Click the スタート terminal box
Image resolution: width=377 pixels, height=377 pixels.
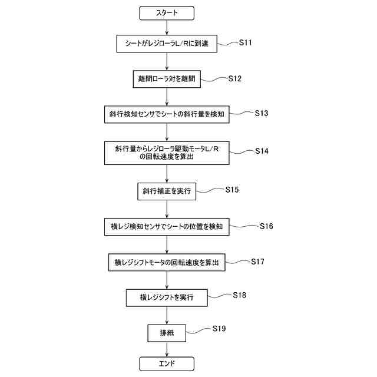[x=167, y=12]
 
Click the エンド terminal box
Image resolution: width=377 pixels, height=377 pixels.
[x=167, y=363]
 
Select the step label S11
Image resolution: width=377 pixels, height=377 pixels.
[x=246, y=43]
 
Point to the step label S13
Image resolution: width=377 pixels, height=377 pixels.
[x=262, y=113]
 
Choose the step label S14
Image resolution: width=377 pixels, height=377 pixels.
[x=262, y=151]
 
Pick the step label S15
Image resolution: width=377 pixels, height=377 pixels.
[x=232, y=190]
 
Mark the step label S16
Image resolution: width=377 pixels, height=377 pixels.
[x=266, y=226]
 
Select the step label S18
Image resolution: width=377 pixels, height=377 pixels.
[x=239, y=295]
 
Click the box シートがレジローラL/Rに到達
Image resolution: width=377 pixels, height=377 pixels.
[x=167, y=43]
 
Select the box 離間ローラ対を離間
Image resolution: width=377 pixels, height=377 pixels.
[x=167, y=78]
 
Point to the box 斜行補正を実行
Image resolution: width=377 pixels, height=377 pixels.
[x=167, y=191]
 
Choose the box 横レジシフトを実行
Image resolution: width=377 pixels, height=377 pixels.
[x=167, y=297]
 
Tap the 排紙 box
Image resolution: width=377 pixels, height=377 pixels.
[x=167, y=333]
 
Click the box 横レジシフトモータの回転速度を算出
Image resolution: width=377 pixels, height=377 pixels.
[x=167, y=263]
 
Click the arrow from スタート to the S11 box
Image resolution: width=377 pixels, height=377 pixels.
[x=167, y=26]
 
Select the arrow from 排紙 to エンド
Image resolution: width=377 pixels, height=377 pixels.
[x=167, y=348]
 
